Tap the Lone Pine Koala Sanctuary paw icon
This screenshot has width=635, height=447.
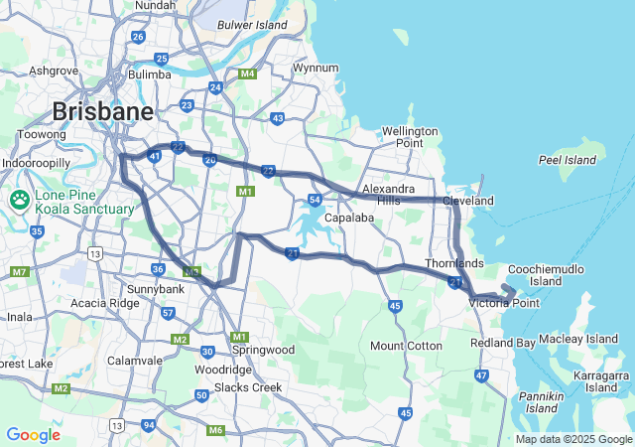point(20,201)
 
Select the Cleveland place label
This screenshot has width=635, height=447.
point(468,201)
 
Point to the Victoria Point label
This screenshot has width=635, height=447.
point(504,303)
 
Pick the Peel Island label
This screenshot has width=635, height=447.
point(567,160)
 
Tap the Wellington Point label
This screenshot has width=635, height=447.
point(410,137)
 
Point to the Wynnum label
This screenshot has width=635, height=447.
point(316,69)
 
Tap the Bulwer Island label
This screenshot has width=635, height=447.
point(252,24)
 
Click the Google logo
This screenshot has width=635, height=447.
point(33,435)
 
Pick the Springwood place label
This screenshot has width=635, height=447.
point(263,350)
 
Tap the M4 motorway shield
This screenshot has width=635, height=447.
point(247,74)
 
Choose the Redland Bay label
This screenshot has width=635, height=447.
point(502,343)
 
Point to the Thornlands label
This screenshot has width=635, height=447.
point(454,263)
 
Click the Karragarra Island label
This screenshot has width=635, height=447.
point(601,382)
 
